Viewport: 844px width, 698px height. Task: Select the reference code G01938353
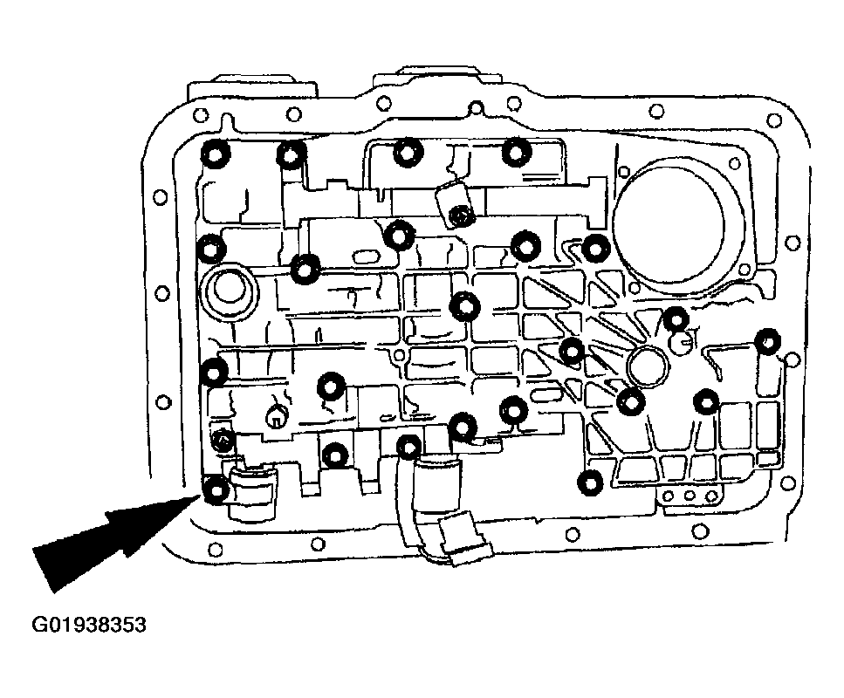coord(89,625)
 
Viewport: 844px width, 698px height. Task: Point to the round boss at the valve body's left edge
coord(230,294)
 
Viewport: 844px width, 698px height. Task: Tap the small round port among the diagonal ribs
coord(649,366)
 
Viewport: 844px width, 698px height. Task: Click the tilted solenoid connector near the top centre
coord(457,205)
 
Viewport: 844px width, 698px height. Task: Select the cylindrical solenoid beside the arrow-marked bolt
coord(252,492)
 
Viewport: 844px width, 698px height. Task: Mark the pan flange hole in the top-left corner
coord(200,115)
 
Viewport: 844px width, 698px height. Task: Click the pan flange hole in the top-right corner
coord(774,120)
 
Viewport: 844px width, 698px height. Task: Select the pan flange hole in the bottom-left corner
coord(215,550)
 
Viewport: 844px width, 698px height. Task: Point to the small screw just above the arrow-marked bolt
coord(223,441)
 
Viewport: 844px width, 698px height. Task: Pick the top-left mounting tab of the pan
coord(252,86)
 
